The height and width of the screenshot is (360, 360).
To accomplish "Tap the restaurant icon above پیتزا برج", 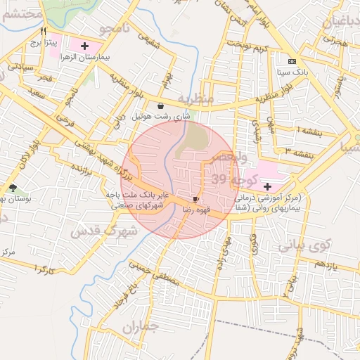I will (44, 32).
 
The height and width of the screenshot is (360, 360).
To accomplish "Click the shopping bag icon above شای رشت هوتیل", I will (161, 105).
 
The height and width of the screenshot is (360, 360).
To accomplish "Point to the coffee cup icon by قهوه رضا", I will (195, 200).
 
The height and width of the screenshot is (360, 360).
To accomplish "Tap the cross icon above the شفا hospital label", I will (267, 186).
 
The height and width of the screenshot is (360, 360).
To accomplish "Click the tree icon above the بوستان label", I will (13, 188).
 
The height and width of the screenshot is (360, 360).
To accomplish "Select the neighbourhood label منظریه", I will (195, 98).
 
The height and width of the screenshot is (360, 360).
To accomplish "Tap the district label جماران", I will (136, 327).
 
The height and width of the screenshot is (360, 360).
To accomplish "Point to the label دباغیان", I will (341, 22).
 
